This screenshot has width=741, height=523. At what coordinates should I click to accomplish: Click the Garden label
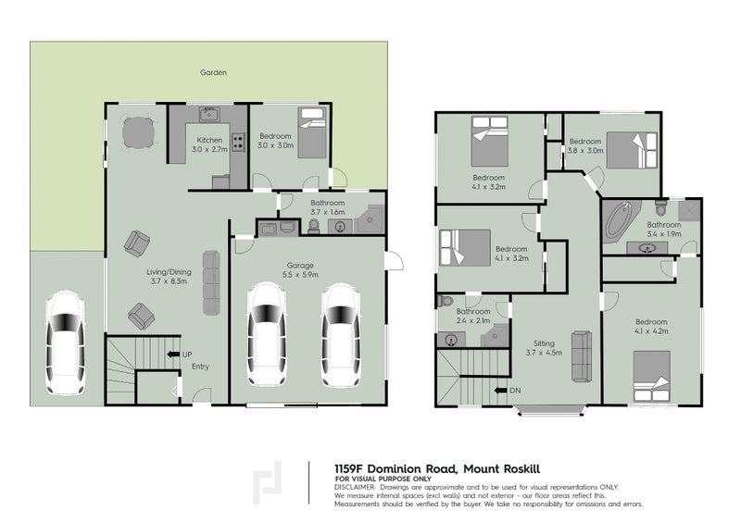[214, 72]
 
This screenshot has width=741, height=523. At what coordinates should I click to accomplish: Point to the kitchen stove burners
[237, 143]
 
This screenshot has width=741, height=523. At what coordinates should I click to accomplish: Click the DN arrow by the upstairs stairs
[504, 391]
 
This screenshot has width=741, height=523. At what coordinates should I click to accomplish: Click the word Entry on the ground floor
[201, 367]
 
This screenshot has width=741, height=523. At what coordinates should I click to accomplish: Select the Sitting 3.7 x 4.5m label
[544, 347]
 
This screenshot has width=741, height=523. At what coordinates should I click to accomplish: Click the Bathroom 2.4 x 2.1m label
[472, 317]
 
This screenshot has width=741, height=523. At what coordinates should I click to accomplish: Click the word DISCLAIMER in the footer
[356, 486]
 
